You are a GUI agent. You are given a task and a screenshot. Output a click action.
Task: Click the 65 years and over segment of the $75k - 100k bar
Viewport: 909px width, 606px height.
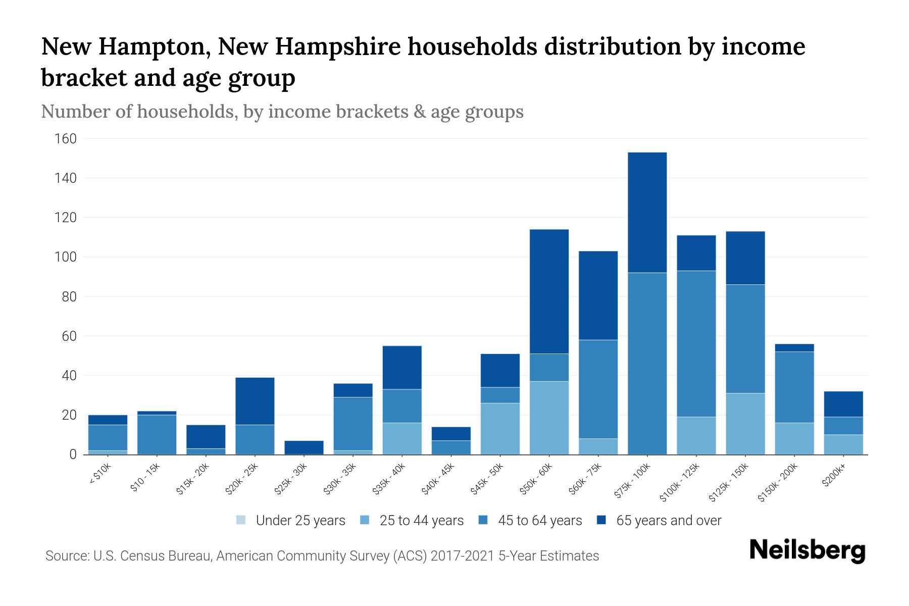(x=647, y=212)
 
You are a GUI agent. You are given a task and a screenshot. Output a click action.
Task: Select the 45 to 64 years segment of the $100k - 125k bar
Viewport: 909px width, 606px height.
(x=696, y=343)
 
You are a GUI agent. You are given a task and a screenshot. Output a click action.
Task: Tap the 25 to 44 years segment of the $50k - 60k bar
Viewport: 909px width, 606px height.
(x=549, y=418)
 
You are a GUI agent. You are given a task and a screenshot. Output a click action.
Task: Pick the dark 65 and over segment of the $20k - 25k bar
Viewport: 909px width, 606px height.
(x=255, y=401)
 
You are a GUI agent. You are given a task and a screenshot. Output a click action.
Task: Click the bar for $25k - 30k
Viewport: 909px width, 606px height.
(x=304, y=447)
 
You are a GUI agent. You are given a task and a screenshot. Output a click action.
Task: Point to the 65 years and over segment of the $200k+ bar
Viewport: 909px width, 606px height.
(x=843, y=403)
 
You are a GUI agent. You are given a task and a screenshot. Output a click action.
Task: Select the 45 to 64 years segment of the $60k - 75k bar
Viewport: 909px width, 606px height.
(x=598, y=389)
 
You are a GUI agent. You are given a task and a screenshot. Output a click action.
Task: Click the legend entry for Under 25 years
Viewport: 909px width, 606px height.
(x=291, y=521)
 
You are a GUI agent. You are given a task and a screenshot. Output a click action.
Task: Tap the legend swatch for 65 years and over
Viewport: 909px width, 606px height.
(x=601, y=520)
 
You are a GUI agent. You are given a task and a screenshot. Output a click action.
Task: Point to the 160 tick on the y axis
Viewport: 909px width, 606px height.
(x=65, y=139)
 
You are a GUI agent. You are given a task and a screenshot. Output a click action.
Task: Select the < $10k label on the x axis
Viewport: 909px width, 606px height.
(x=99, y=474)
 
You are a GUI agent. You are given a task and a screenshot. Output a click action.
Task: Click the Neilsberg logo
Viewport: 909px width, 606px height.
(x=807, y=550)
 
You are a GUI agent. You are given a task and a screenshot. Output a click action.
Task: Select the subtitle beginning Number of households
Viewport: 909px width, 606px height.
(x=282, y=112)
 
